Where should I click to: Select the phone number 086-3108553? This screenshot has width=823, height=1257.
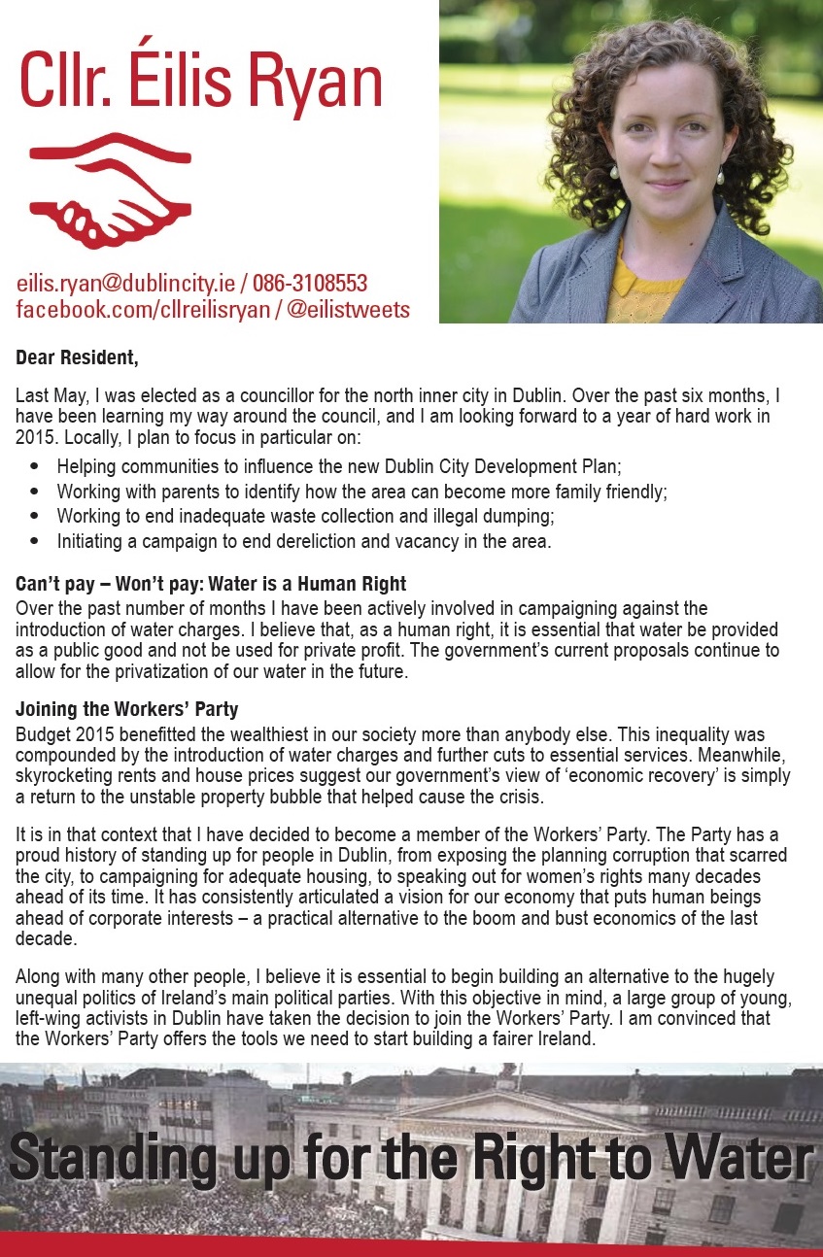tap(310, 284)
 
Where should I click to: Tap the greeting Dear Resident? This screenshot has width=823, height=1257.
tap(77, 357)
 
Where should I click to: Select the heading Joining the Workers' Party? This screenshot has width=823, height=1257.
tap(126, 709)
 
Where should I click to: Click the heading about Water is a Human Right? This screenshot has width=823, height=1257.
tap(211, 584)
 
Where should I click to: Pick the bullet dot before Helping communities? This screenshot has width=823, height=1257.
tap(36, 466)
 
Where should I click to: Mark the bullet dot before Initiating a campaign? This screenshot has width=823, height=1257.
tap(36, 541)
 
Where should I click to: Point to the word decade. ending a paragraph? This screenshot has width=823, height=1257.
tap(44, 940)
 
